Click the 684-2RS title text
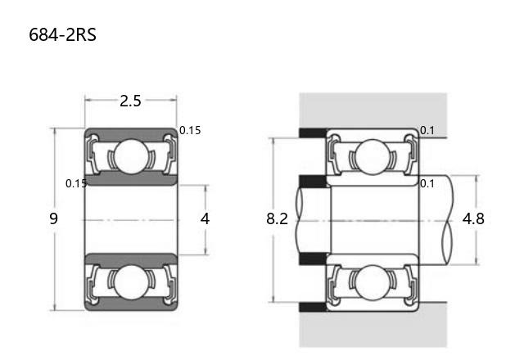(62, 34)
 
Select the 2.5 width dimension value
(130, 101)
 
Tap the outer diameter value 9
(53, 218)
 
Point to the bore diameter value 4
(205, 218)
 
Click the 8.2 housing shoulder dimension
(277, 218)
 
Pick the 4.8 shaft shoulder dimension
(473, 218)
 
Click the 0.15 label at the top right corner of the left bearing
(190, 130)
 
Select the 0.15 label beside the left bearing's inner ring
(76, 183)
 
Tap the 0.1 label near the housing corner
(427, 130)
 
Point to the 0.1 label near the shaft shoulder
(427, 183)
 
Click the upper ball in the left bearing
(131, 156)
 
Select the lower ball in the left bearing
(131, 282)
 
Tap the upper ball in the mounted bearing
(373, 156)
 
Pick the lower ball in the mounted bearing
(373, 282)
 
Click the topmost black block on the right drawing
(313, 133)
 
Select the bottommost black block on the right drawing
(313, 307)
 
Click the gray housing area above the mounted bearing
(373, 110)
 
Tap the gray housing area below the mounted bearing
(373, 329)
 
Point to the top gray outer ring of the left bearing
(131, 133)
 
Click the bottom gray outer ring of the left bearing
(131, 304)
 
